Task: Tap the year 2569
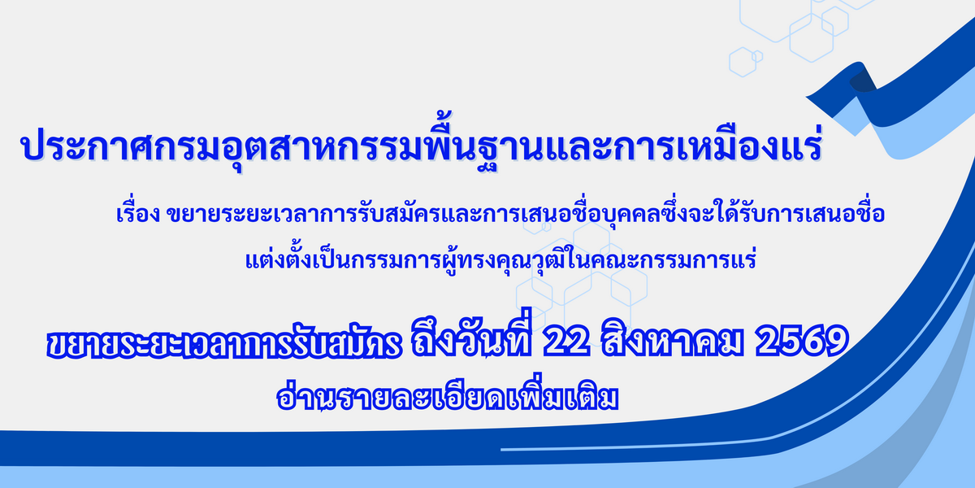click(802, 340)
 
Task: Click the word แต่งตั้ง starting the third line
click(279, 258)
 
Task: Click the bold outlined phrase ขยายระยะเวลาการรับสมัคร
click(223, 344)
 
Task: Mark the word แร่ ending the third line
click(743, 258)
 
